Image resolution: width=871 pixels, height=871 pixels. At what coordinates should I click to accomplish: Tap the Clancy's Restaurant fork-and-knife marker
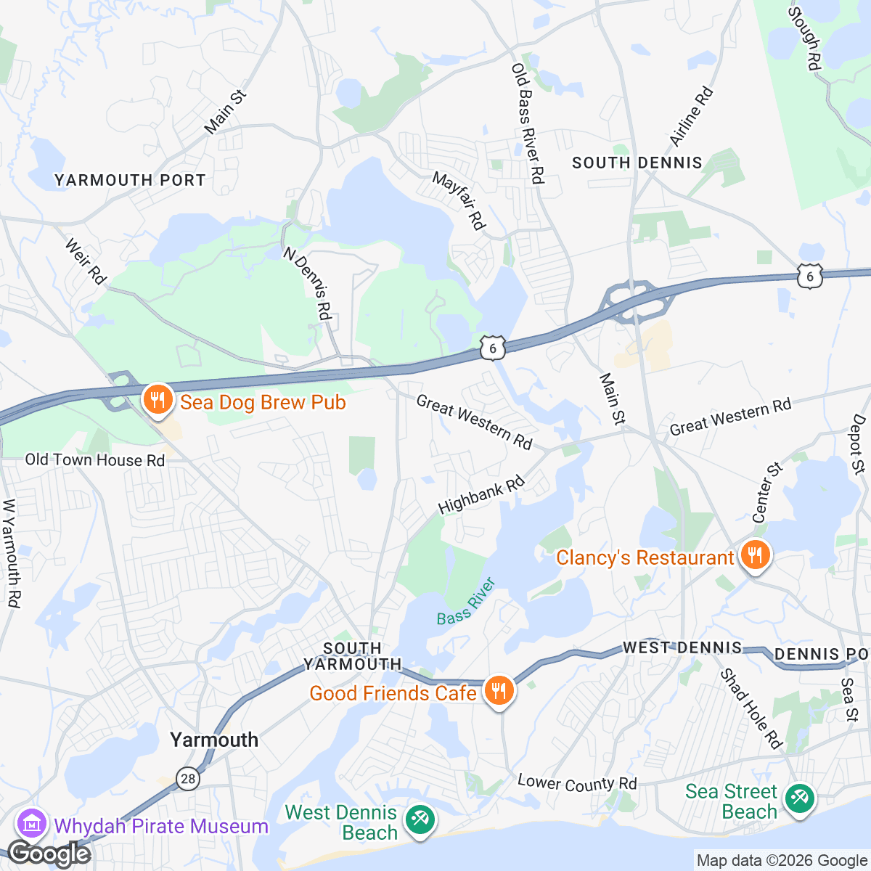click(x=756, y=556)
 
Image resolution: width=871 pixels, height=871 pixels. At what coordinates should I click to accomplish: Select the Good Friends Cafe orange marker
click(x=498, y=691)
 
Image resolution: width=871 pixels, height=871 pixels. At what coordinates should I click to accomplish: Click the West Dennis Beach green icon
click(x=420, y=820)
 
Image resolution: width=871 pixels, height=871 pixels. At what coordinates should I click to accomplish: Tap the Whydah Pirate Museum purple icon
click(x=32, y=825)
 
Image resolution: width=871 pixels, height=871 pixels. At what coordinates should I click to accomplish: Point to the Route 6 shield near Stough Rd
click(x=810, y=277)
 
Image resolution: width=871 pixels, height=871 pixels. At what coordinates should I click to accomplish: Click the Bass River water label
click(x=466, y=602)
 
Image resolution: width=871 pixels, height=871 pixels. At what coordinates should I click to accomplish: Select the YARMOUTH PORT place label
click(x=130, y=180)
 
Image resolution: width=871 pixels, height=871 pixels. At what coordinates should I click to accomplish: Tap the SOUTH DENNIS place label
click(x=637, y=163)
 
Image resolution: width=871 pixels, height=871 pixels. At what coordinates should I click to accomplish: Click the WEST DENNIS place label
click(x=682, y=647)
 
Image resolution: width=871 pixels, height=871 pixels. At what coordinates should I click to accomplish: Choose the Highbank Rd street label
click(x=481, y=495)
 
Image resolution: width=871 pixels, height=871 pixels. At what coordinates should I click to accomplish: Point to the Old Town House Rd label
click(x=95, y=460)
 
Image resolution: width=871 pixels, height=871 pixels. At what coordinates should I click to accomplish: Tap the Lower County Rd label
click(x=577, y=783)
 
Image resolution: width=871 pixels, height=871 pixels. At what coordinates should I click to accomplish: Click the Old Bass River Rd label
click(x=528, y=123)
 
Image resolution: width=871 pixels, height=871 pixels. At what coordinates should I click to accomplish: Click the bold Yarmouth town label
click(x=214, y=740)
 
